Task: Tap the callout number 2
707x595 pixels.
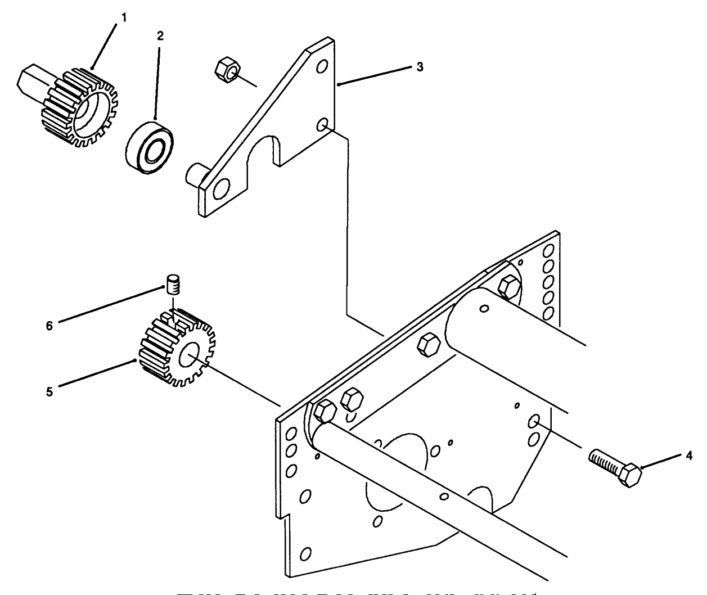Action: pos(160,36)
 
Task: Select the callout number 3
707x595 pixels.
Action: pos(420,67)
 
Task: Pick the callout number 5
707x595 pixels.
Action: pos(50,392)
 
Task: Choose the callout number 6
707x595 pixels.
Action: pos(49,326)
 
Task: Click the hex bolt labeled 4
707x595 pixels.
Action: pos(616,468)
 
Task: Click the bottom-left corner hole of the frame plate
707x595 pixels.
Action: pos(305,554)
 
